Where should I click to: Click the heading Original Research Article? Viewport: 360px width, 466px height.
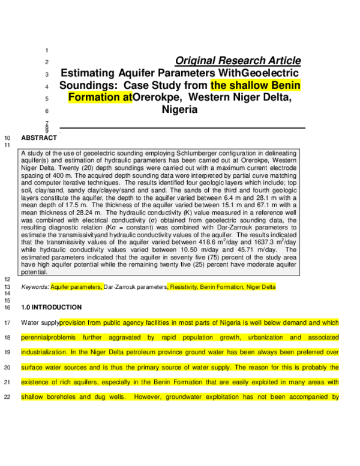[x=238, y=61]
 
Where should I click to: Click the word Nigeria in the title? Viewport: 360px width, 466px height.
[x=179, y=110]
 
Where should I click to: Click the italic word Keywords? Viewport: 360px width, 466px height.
[x=35, y=287]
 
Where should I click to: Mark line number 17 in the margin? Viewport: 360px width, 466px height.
[x=7, y=322]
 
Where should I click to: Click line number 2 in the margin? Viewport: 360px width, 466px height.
[x=47, y=62]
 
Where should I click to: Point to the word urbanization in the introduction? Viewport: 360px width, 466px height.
[x=249, y=337]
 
